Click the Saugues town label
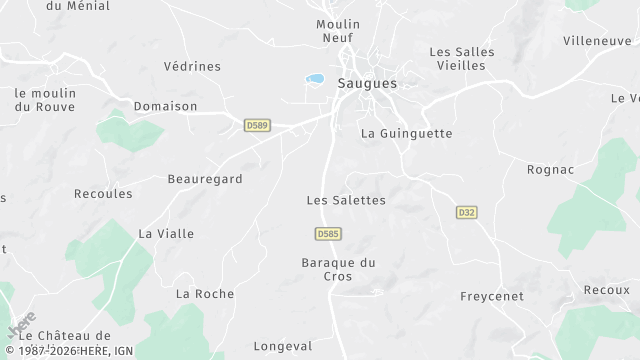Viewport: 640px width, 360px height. tap(367, 84)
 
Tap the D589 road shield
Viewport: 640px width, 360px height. tap(257, 125)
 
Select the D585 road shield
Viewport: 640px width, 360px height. tap(328, 234)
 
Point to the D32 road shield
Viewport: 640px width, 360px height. tap(466, 212)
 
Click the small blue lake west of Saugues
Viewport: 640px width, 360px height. tap(315, 78)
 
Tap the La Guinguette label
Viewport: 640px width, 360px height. tap(407, 133)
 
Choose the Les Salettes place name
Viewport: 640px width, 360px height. tap(346, 200)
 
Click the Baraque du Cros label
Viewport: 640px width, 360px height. tap(338, 269)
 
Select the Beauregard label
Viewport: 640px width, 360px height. tap(205, 179)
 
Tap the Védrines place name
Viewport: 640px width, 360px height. tap(192, 67)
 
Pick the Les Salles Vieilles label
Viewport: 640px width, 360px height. tap(457, 58)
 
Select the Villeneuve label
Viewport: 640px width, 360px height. tap(597, 41)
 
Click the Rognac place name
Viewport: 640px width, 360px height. tap(551, 169)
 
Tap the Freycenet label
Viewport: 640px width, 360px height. tap(493, 297)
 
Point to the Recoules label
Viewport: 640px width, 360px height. tap(103, 193)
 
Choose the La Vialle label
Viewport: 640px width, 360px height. tap(167, 234)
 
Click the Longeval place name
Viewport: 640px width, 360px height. tap(283, 346)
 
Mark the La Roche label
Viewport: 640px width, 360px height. tap(205, 294)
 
